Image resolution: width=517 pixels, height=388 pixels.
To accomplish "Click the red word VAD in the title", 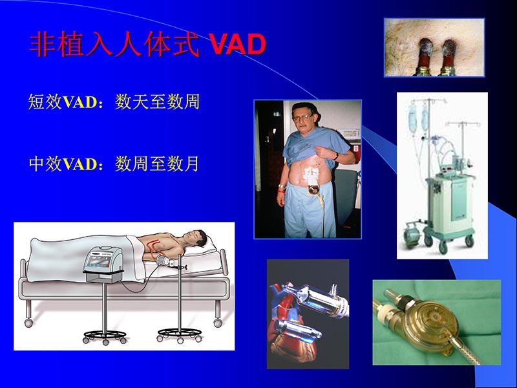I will [238, 45].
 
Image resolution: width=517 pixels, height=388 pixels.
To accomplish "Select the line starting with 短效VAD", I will [114, 102].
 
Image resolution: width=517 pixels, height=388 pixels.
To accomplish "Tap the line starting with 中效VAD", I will [114, 164].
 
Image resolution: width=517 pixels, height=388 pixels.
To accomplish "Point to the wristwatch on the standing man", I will [335, 155].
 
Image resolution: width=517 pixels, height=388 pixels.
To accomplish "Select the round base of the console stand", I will [104, 336].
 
